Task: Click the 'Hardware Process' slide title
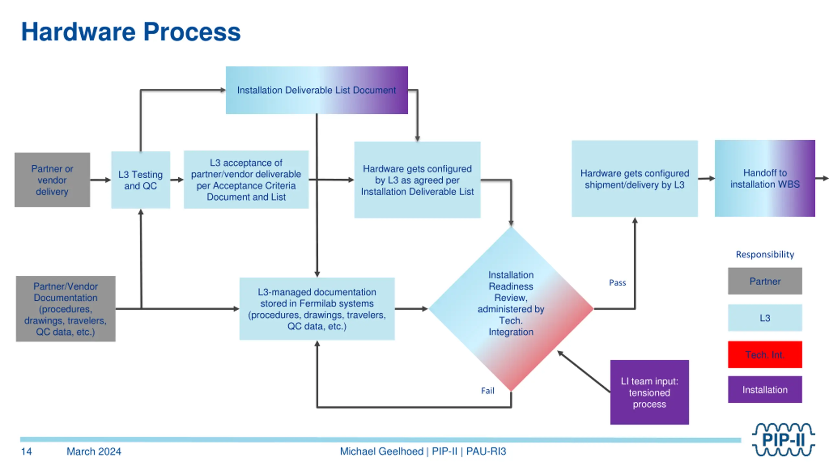[131, 32]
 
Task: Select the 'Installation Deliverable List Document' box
[317, 90]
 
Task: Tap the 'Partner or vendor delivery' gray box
[52, 180]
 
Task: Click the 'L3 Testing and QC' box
[141, 180]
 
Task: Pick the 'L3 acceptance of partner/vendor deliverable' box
[246, 180]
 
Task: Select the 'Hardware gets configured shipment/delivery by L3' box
[635, 179]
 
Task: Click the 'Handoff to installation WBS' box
[765, 178]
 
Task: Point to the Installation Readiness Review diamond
[511, 309]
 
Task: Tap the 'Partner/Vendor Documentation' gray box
[66, 309]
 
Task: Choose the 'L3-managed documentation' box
[317, 309]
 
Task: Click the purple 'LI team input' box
[650, 392]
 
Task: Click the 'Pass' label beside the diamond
[618, 283]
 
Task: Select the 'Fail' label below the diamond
[488, 391]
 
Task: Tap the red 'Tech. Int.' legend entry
[765, 355]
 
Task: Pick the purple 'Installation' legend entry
[765, 390]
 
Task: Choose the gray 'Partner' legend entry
[765, 281]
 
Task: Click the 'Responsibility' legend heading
[765, 255]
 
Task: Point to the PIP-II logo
[783, 439]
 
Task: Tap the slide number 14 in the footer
[27, 451]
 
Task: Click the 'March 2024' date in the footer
[94, 451]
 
